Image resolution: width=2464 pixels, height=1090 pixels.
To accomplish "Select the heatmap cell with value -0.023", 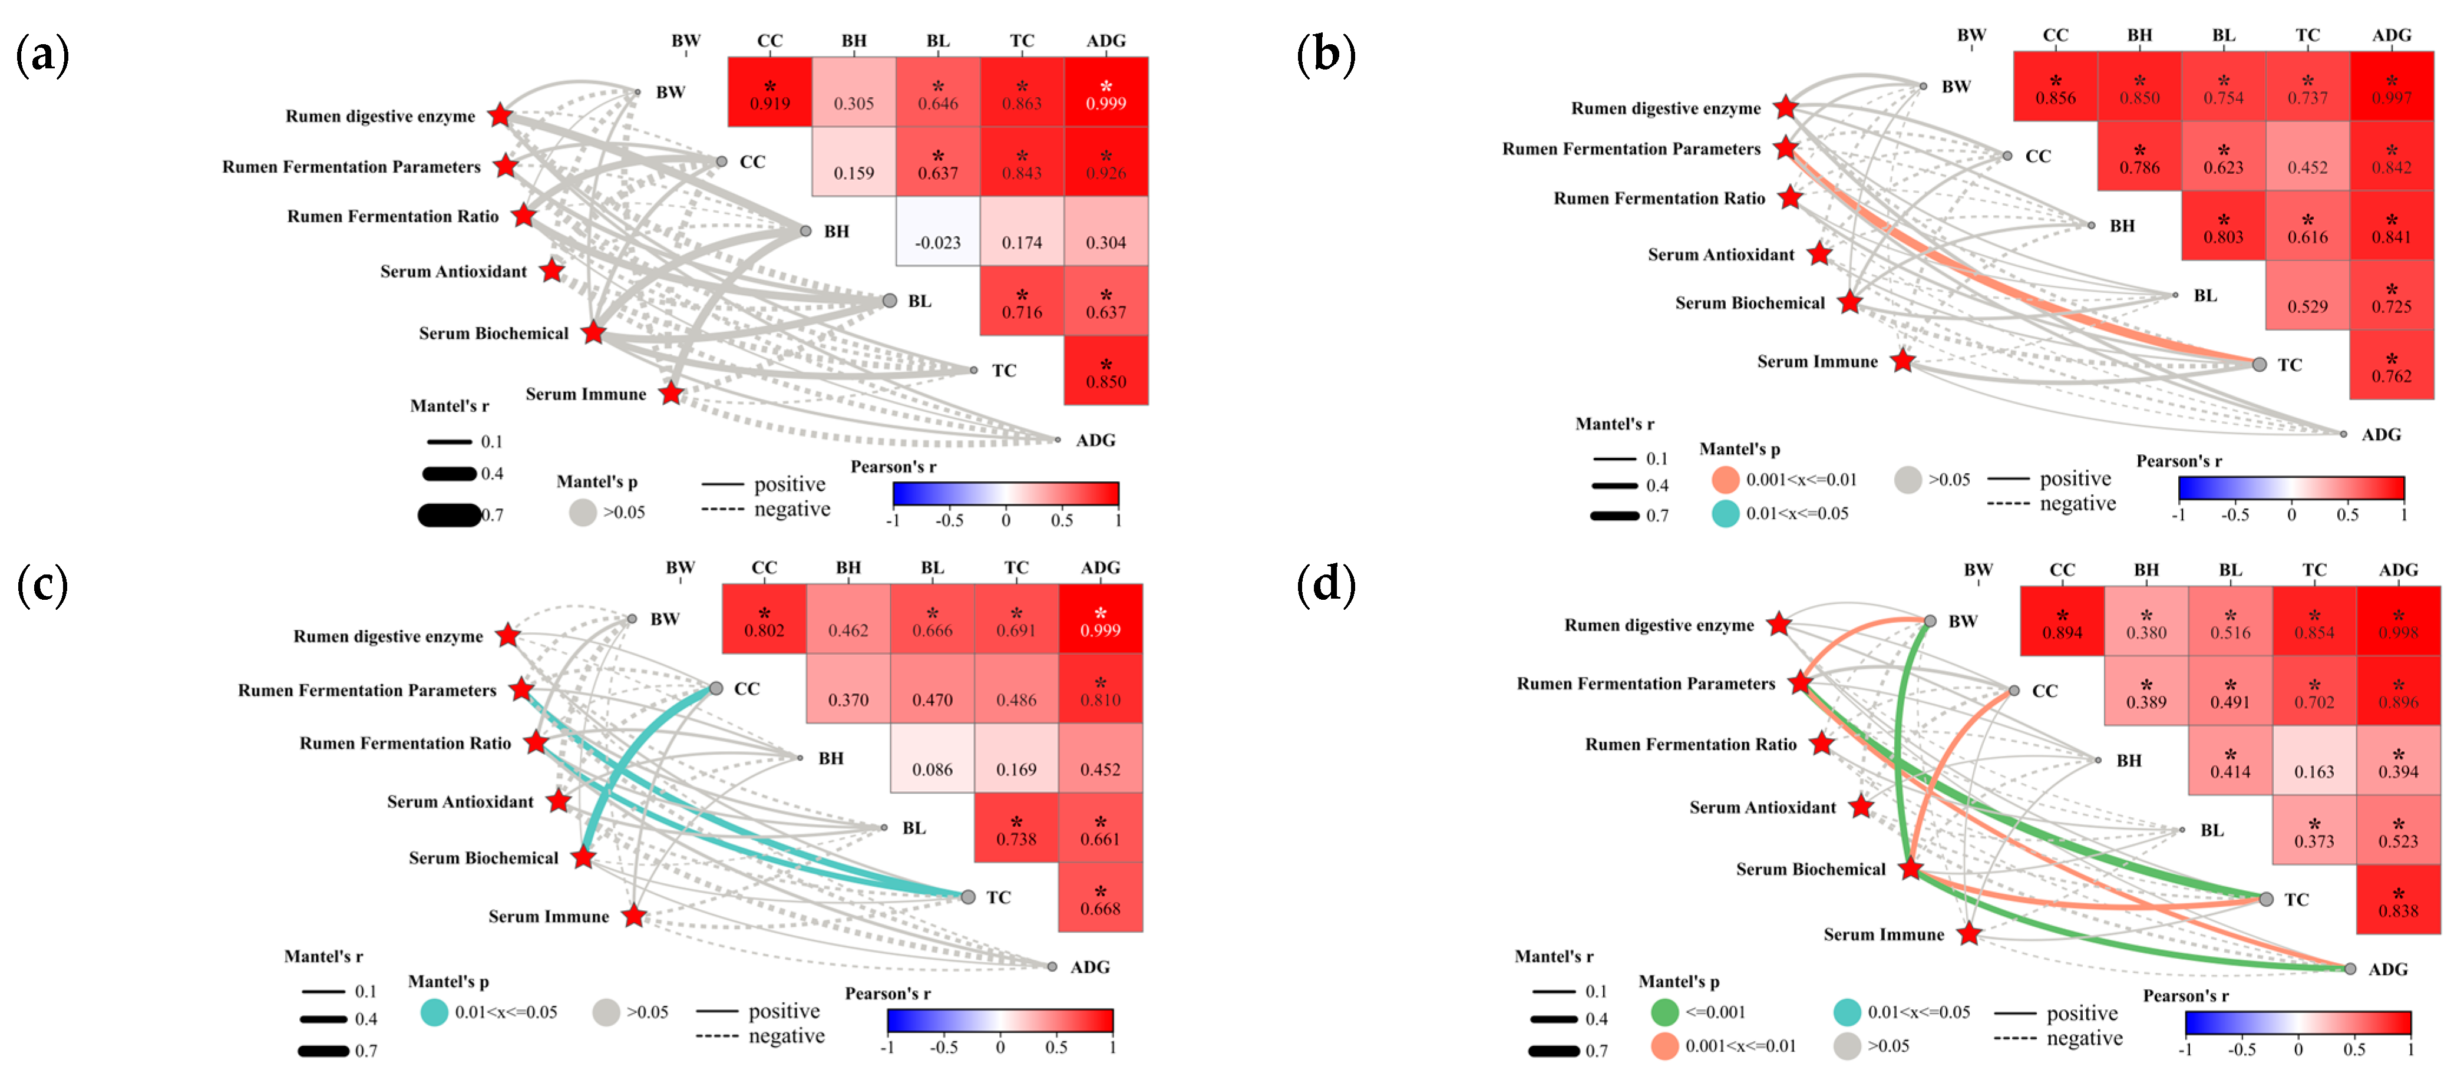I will click(x=937, y=232).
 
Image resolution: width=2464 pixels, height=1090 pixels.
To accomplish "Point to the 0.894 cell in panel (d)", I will click(x=2062, y=622).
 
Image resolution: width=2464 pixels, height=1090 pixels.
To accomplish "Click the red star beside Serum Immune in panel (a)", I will click(x=672, y=393).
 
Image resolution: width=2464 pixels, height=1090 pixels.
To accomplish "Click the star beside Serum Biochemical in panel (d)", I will click(x=1910, y=868).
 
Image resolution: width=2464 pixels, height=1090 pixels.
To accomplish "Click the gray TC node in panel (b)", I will click(x=2260, y=364).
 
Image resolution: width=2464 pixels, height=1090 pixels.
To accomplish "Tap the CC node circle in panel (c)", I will click(x=715, y=688).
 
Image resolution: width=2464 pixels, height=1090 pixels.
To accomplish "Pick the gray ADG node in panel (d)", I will click(x=2350, y=969).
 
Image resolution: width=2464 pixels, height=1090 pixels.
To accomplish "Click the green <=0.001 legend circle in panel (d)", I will click(x=1664, y=1012).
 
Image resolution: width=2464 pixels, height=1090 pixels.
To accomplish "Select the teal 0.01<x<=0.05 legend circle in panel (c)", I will click(x=434, y=1012).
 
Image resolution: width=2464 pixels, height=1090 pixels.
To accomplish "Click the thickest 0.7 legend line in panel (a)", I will click(x=450, y=516).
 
